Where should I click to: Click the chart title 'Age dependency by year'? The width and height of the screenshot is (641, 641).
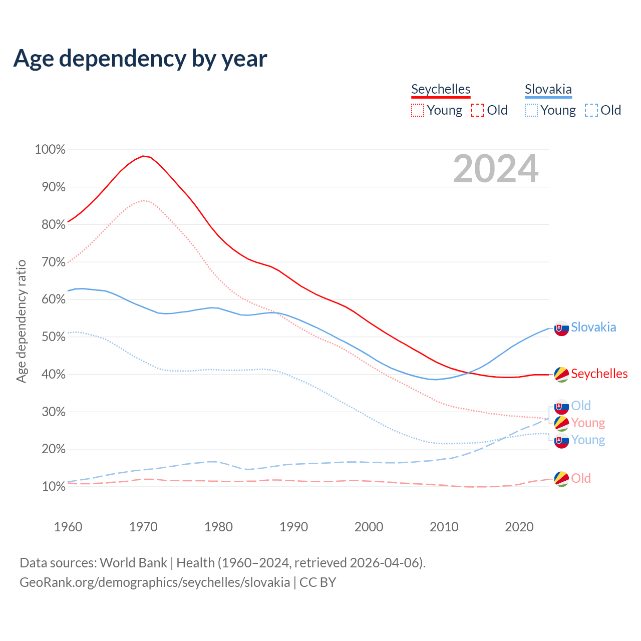point(140,59)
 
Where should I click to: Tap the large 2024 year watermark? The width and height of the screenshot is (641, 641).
point(496,169)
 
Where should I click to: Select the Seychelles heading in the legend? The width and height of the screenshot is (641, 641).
point(441,89)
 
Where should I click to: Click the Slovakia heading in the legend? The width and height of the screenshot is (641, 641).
point(548,89)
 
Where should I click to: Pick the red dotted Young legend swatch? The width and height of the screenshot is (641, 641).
point(418,110)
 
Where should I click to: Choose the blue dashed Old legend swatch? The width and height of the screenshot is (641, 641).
point(591,110)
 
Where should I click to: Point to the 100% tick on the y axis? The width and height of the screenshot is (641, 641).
point(50,149)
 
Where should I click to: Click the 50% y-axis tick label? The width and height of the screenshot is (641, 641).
point(50,337)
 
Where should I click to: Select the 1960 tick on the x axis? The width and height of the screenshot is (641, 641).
point(68,527)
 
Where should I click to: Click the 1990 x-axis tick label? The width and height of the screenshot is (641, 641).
point(294,527)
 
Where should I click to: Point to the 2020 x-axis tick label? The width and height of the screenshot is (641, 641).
point(519,527)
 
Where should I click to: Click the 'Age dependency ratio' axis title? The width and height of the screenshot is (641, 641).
point(21,321)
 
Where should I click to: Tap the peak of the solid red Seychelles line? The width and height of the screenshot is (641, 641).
point(143,156)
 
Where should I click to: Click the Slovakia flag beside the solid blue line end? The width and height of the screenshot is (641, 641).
point(561,328)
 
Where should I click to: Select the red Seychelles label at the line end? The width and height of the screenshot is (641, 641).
point(599,374)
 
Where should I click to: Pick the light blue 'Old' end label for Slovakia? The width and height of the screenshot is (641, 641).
point(581,406)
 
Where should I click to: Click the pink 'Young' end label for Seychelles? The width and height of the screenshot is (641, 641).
point(588,423)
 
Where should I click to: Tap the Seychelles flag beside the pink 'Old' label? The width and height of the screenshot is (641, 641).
point(561,479)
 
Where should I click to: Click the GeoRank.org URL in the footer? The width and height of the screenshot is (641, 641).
point(155,582)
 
